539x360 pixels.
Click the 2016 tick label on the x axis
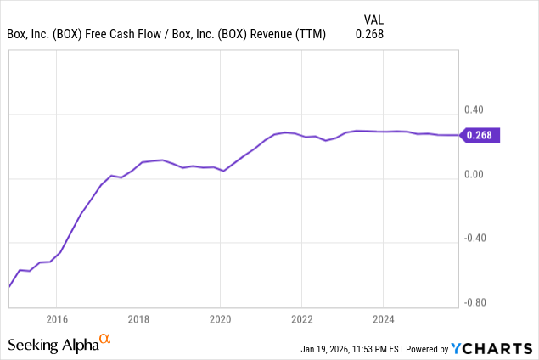point(56,320)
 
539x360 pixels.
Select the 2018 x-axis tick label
point(138,320)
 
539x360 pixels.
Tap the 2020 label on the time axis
point(220,320)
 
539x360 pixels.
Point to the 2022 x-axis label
point(301,320)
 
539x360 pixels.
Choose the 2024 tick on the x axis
point(383,320)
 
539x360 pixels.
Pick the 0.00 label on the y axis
point(474,174)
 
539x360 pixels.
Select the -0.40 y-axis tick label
point(473,238)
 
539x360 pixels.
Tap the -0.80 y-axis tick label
point(473,301)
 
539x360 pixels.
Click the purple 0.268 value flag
point(480,134)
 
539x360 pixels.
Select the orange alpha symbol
point(105,340)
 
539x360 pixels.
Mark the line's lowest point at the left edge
point(9,286)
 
